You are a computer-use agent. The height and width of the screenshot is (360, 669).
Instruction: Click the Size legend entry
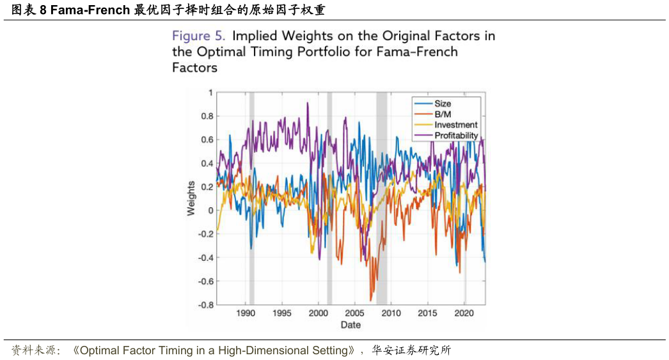(x=443, y=104)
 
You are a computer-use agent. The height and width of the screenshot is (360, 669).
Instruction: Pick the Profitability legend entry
(x=456, y=136)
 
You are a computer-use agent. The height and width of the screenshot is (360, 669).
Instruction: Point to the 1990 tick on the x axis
(x=246, y=313)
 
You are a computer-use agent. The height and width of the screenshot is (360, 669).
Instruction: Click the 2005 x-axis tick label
(x=355, y=313)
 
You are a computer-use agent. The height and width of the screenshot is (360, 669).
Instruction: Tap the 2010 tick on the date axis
(x=391, y=313)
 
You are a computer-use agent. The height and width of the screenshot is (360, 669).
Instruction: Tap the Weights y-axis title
(x=191, y=198)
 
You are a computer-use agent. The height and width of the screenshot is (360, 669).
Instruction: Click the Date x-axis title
(x=350, y=325)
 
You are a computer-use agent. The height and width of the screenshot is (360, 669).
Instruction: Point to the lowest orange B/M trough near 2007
(x=371, y=300)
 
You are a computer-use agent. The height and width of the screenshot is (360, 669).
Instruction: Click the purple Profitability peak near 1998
(x=308, y=103)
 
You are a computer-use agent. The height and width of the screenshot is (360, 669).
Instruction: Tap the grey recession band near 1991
(x=251, y=198)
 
